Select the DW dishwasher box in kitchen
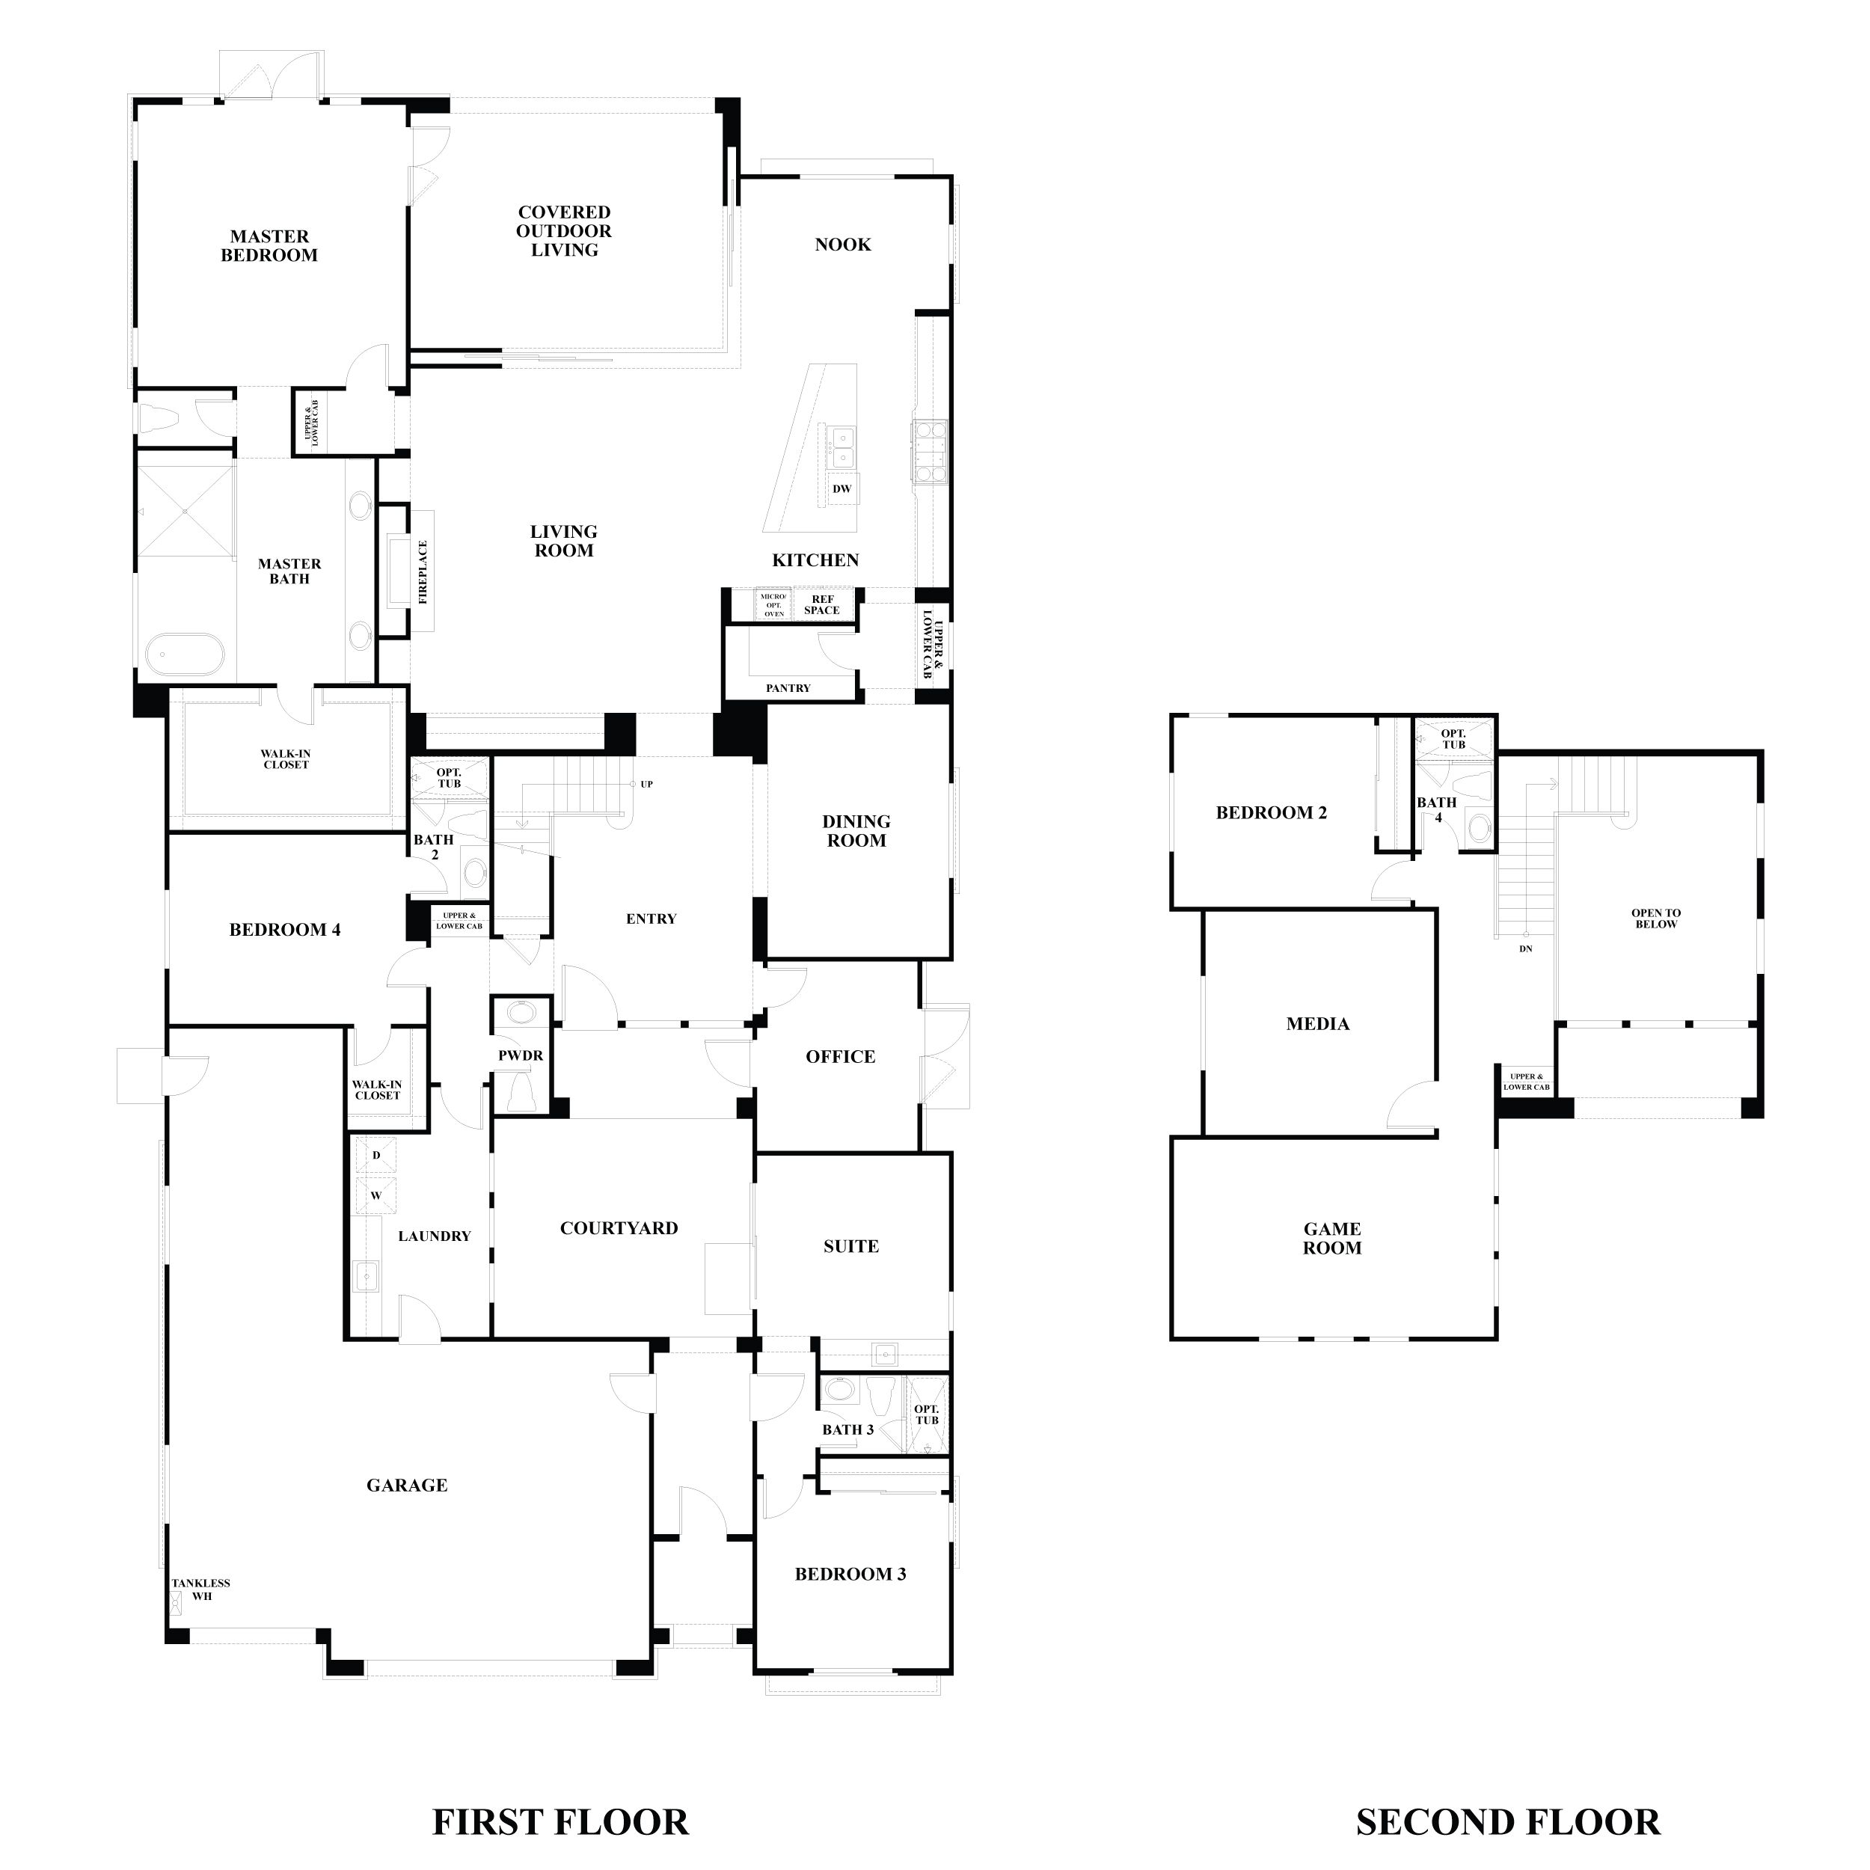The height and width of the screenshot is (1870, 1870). click(841, 488)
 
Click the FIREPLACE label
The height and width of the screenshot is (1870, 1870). click(423, 572)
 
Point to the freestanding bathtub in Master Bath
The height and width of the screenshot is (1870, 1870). click(185, 655)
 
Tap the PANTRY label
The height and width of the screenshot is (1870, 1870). click(788, 688)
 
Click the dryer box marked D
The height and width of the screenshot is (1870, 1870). click(376, 1156)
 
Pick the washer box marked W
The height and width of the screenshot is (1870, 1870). click(376, 1195)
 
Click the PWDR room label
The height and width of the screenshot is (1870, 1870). click(521, 1055)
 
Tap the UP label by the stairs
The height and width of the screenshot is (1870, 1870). click(646, 784)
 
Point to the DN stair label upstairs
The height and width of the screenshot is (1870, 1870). click(1525, 948)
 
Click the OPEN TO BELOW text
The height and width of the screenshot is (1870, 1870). click(1656, 918)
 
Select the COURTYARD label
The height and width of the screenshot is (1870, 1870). click(619, 1228)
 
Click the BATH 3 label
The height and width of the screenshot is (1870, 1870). click(848, 1429)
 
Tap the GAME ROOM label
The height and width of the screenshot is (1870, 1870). click(1332, 1238)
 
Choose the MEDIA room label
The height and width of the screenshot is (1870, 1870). click(1317, 1023)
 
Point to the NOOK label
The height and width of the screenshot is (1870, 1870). click(842, 245)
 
